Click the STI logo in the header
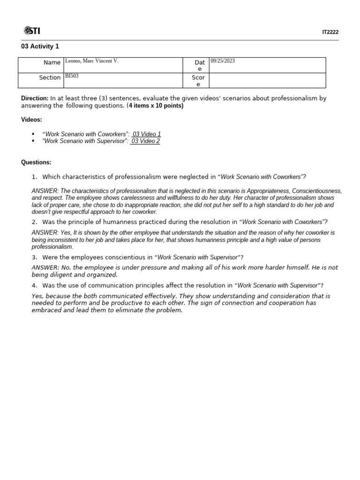pyautogui.click(x=32, y=31)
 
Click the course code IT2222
pyautogui.click(x=330, y=32)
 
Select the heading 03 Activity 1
pyautogui.click(x=40, y=46)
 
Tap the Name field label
pyautogui.click(x=52, y=62)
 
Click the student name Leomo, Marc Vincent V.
pyautogui.click(x=91, y=61)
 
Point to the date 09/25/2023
pyautogui.click(x=223, y=61)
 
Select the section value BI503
pyautogui.click(x=72, y=75)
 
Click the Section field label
pyautogui.click(x=50, y=77)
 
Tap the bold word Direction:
pyautogui.click(x=35, y=98)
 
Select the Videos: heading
pyautogui.click(x=31, y=120)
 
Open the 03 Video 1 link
pyautogui.click(x=146, y=134)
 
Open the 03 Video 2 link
pyautogui.click(x=145, y=141)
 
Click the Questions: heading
pyautogui.click(x=36, y=162)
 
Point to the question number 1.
pyautogui.click(x=34, y=177)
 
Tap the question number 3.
pyautogui.click(x=34, y=257)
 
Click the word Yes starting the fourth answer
pyautogui.click(x=37, y=296)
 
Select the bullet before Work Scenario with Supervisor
pyautogui.click(x=33, y=141)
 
